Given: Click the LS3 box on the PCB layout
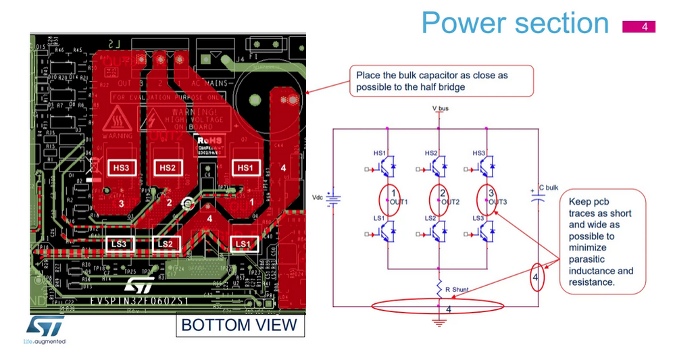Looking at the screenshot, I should point(120,243).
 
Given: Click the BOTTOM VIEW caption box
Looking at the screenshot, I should point(239,325).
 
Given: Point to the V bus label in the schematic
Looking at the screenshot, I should point(440,108).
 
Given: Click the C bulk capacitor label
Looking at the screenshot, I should point(547,187).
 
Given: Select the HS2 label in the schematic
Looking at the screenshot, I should point(431,153).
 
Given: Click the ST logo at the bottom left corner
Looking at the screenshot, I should point(45,326).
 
